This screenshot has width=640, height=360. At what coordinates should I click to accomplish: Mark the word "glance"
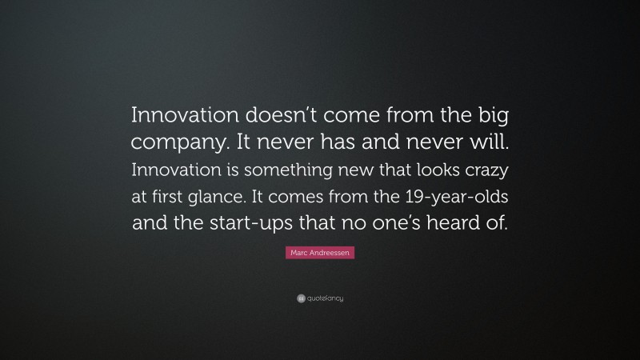tap(233, 198)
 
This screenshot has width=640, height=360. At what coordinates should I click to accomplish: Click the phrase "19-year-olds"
tap(454, 198)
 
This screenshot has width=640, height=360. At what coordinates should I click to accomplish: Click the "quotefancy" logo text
tap(325, 298)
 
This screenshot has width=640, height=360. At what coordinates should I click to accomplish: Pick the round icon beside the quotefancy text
tap(300, 298)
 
